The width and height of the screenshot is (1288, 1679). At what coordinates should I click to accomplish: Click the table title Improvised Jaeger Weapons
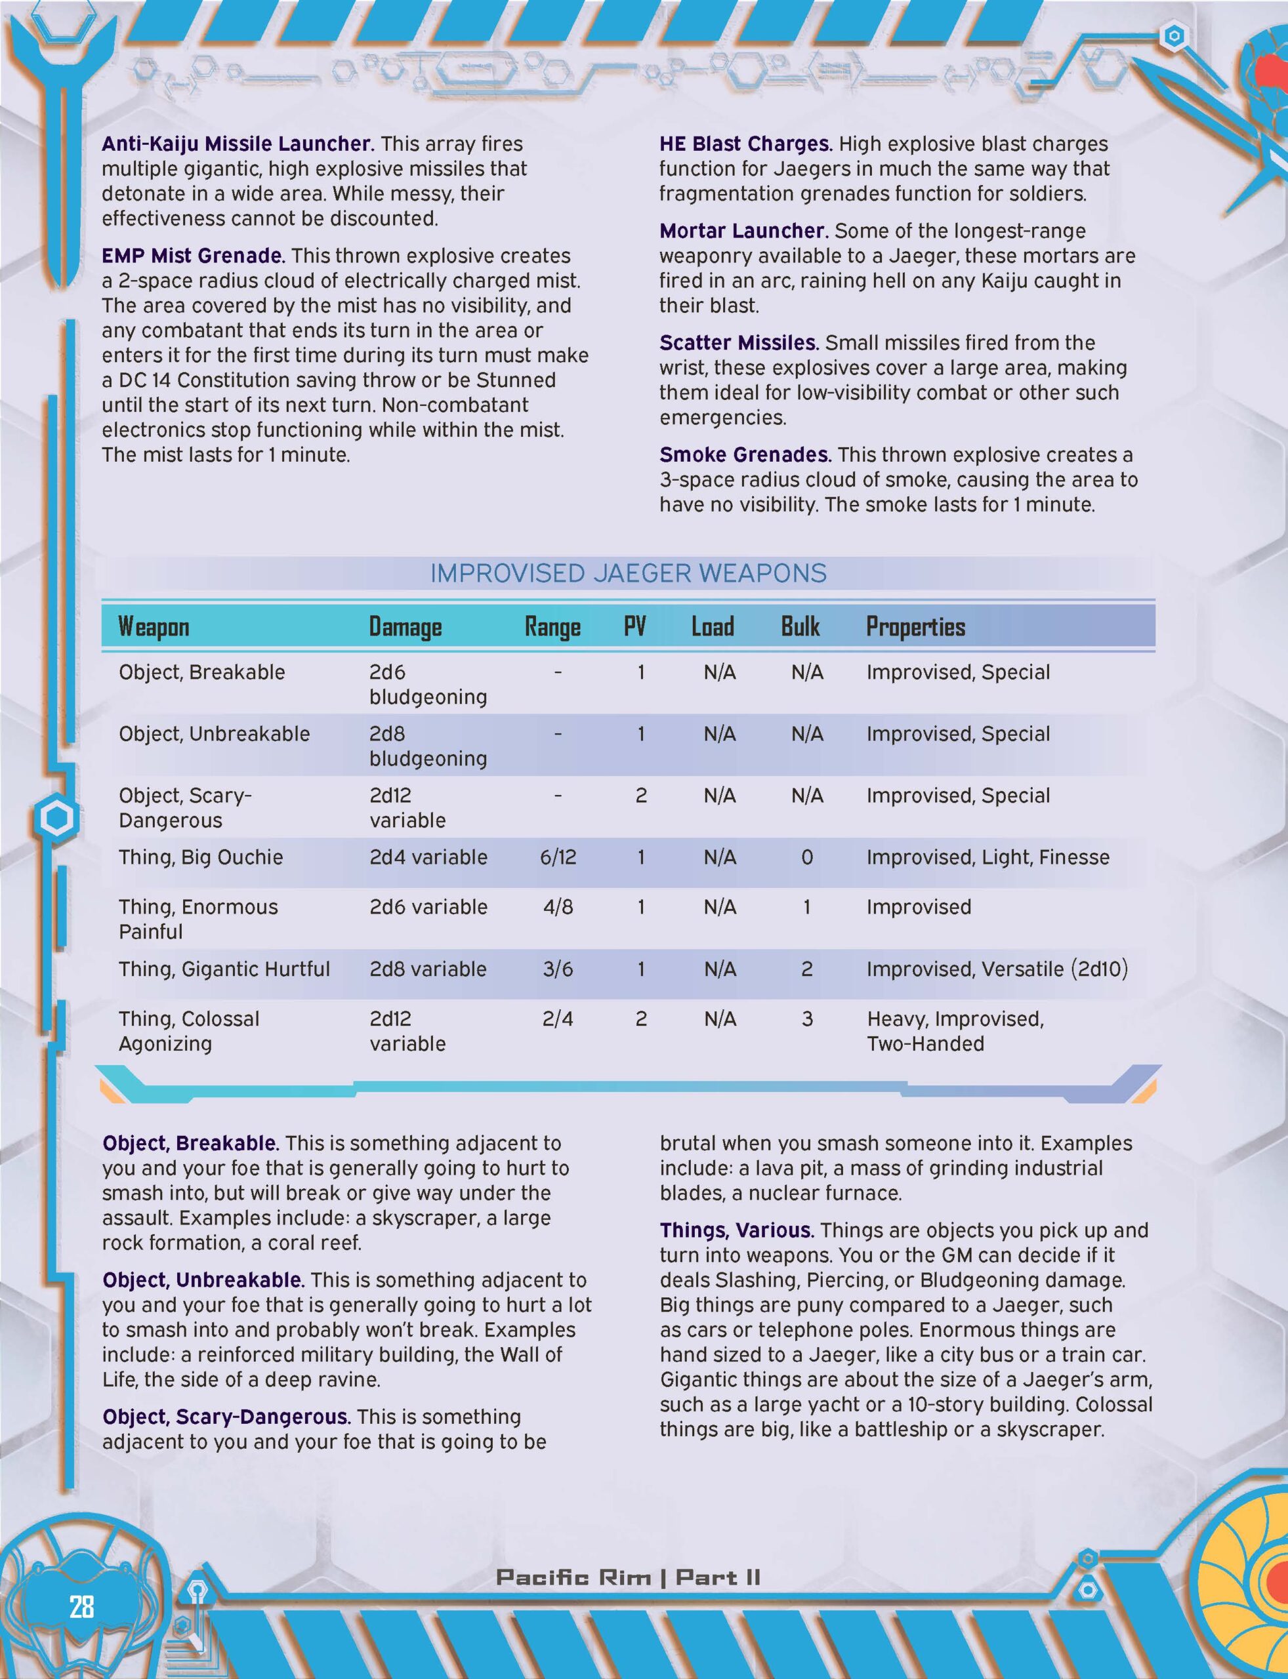click(x=628, y=573)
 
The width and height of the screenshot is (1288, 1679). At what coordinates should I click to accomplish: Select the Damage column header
click(x=405, y=627)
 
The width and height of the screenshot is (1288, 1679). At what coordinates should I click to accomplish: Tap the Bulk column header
click(x=800, y=627)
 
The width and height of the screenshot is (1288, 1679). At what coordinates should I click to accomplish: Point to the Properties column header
click(x=915, y=627)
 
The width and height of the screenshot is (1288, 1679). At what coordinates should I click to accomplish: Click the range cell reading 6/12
click(x=557, y=857)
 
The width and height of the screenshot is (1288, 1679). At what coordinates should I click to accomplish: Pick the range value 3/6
click(x=557, y=969)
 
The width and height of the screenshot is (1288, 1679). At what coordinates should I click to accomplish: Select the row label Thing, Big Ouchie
click(x=200, y=857)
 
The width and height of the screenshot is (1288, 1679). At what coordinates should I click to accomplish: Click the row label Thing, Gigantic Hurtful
click(x=224, y=969)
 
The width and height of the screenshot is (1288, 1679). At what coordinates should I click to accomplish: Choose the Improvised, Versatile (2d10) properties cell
click(x=997, y=969)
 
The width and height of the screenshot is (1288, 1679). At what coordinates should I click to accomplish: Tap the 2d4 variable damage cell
click(x=428, y=857)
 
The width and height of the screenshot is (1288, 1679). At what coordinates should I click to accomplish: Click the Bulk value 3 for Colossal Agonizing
click(x=806, y=1019)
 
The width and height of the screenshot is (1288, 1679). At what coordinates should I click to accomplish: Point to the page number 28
click(x=81, y=1606)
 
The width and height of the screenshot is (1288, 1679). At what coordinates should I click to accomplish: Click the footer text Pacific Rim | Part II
click(x=628, y=1577)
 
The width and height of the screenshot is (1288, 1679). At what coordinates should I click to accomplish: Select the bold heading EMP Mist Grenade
click(x=192, y=255)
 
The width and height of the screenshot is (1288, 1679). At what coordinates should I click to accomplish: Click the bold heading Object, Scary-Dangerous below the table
click(x=226, y=1417)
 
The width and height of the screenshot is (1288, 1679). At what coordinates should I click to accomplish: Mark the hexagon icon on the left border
click(x=56, y=819)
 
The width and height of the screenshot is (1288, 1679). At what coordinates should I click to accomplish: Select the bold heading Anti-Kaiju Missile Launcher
click(x=238, y=143)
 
